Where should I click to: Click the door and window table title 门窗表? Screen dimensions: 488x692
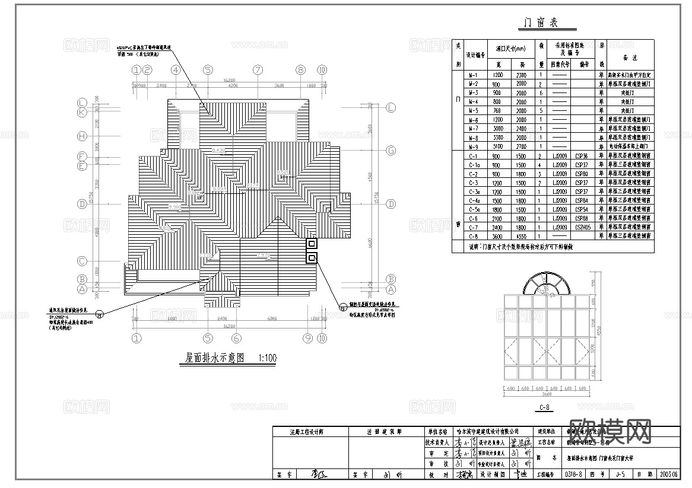tap(539, 23)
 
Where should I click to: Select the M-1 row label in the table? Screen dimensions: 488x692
tap(474, 75)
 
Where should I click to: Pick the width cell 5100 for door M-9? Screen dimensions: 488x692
tap(498, 146)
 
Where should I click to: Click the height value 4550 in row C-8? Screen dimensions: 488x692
tap(520, 236)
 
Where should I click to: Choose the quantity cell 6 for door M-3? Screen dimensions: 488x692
tap(541, 93)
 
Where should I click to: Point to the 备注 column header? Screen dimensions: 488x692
tap(630, 58)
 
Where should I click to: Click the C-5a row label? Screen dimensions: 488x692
tap(474, 210)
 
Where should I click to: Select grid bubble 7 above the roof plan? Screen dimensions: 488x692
tap(258, 70)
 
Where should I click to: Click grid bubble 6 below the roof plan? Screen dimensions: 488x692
tap(236, 339)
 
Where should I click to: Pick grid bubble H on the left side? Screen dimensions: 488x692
tap(82, 136)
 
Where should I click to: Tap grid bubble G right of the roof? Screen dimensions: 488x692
tap(391, 151)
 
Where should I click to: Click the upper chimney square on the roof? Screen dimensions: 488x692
tap(312, 243)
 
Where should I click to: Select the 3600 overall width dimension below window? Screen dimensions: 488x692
tap(546, 394)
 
